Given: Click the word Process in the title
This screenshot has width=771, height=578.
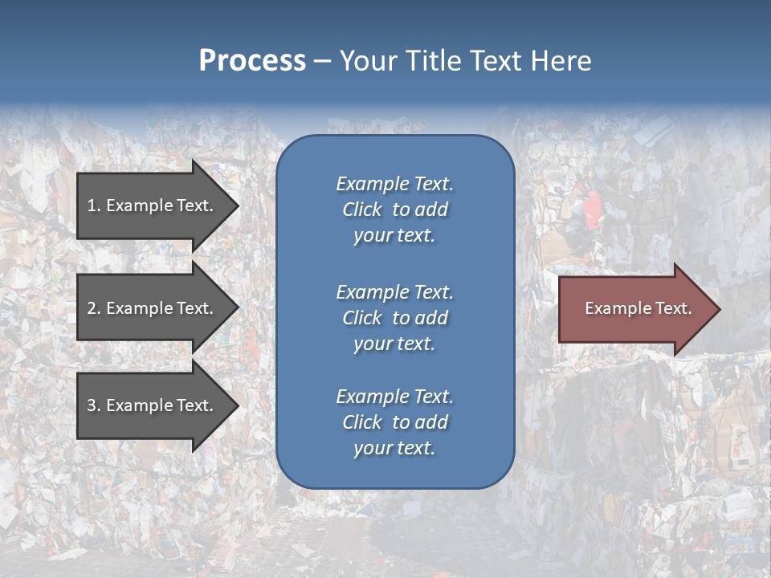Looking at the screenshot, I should click(x=252, y=61).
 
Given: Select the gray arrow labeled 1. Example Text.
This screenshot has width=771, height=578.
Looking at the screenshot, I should click(x=153, y=206).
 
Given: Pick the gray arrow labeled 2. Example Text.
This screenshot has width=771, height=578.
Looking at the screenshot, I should click(x=153, y=308).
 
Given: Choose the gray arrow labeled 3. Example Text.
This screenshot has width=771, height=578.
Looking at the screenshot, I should click(x=153, y=405).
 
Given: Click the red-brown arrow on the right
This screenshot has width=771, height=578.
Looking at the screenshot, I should click(x=634, y=308).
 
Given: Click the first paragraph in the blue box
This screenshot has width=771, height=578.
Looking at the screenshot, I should click(x=394, y=210).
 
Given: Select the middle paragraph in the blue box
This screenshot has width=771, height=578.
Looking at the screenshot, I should click(x=394, y=318).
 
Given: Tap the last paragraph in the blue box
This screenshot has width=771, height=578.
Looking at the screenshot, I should click(x=394, y=422).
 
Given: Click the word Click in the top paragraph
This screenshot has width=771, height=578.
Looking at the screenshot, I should click(x=361, y=210).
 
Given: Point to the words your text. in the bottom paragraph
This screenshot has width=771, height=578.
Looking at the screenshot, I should click(x=394, y=449).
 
